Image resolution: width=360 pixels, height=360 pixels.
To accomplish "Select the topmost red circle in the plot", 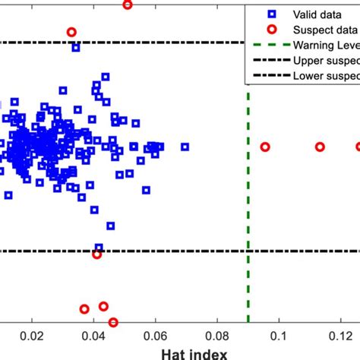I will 127,5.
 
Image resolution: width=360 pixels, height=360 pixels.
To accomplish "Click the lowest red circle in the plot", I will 113,322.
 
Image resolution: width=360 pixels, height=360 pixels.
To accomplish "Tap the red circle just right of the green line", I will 265,147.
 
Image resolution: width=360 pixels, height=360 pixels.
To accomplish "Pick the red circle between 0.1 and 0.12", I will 320,147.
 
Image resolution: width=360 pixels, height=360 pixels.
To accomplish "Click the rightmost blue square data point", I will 185,147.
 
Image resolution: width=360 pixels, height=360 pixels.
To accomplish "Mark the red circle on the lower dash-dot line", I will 96,254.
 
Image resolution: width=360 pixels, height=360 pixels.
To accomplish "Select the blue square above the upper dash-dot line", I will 76,48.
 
